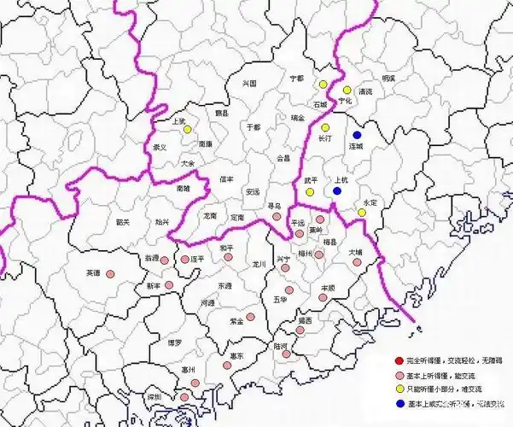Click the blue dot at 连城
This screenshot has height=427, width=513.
358,135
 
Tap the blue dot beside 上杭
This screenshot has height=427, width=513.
337,191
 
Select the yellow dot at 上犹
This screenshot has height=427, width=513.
187,130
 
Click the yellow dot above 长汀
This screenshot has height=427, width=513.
325,128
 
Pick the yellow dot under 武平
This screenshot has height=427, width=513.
311,192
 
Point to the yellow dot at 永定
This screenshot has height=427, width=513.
361,213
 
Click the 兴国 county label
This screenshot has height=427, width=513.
250,84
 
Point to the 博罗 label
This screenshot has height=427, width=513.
175,342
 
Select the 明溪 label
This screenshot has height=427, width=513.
388,78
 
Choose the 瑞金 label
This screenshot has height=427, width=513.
297,117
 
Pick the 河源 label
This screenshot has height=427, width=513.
206,302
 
